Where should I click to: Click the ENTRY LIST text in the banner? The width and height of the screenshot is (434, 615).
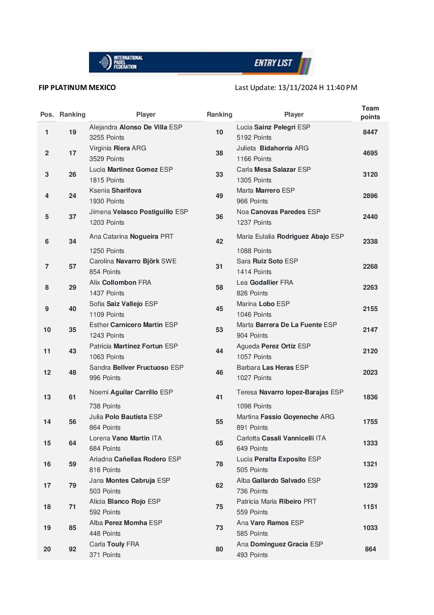point(273,63)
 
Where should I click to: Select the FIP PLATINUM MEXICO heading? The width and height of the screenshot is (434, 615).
point(77,88)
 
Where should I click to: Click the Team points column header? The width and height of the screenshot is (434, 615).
point(370,113)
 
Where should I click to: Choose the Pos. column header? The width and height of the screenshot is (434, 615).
point(47,115)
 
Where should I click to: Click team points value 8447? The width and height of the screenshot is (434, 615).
point(370,132)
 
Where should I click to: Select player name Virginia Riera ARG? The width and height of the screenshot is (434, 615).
point(118,148)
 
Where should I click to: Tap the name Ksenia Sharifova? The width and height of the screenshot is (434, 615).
point(115,191)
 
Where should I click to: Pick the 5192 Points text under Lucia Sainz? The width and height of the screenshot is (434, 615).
point(254,138)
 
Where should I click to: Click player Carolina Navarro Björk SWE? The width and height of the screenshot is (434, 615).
point(133,261)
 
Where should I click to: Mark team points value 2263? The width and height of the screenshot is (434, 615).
point(370,288)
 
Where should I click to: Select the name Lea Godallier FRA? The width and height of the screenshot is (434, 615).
point(265,283)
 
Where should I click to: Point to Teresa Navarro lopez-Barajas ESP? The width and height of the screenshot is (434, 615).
point(290,392)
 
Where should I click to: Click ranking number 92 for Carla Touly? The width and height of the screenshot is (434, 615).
point(73,549)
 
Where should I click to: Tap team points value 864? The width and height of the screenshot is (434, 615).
point(370,549)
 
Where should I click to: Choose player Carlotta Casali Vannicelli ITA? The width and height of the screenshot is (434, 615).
point(281,438)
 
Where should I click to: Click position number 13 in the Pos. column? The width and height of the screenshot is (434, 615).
point(47,397)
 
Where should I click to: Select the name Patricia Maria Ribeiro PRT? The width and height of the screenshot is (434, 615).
point(276,502)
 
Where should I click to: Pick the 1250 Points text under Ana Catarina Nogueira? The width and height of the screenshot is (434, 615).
point(107,251)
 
